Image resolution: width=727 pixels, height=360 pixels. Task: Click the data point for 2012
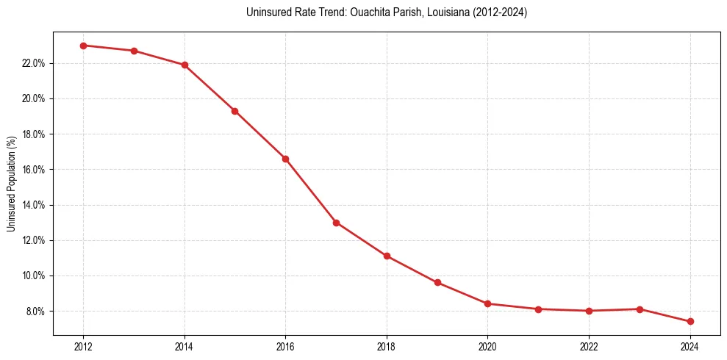point(83,46)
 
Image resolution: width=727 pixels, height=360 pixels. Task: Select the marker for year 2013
point(134,51)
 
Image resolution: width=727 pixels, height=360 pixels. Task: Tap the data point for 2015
point(234,111)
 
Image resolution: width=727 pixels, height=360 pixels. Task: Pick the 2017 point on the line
point(336,223)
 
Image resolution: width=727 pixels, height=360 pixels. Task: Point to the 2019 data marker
point(437,283)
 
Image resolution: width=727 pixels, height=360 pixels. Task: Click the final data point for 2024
point(690,322)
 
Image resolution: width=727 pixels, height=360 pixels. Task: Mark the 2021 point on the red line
point(538,309)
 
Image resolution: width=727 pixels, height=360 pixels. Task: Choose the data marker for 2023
point(640,309)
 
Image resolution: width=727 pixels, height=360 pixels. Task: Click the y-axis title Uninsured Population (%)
point(11,184)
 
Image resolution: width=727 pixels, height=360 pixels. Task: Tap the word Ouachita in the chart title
point(348,12)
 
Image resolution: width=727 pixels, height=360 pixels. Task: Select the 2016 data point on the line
point(285,159)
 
